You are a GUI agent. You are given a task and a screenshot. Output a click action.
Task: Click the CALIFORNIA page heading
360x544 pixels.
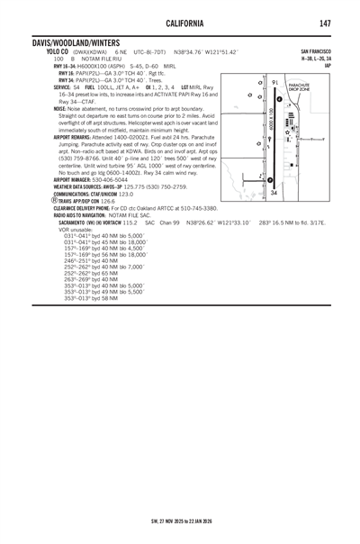pyautogui.click(x=180, y=22)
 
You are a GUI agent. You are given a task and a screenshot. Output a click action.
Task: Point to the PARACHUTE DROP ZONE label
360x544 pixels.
pyautogui.click(x=299, y=87)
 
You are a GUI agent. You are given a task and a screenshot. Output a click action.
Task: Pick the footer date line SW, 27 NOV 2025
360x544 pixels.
pyautogui.click(x=180, y=520)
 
